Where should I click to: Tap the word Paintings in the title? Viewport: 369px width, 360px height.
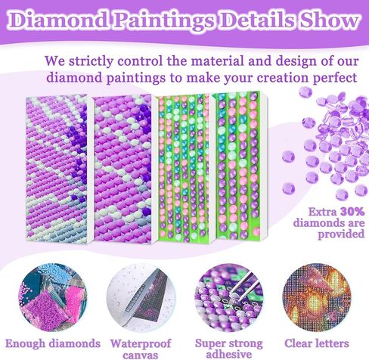click(165, 20)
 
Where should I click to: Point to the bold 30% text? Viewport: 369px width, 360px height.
click(352, 212)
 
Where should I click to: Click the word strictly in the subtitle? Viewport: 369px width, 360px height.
click(89, 61)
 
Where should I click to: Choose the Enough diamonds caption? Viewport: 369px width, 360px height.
click(53, 343)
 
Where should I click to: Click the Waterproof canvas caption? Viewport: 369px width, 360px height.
click(141, 349)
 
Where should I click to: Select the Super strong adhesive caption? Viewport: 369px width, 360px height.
click(229, 349)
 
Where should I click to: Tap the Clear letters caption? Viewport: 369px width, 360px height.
click(317, 343)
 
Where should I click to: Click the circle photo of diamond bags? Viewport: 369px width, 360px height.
click(53, 297)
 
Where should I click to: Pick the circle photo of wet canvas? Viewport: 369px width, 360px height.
click(141, 297)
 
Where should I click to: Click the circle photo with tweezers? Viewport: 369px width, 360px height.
click(229, 297)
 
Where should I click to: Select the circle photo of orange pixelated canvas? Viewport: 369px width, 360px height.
click(317, 297)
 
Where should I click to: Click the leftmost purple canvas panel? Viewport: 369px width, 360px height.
click(57, 168)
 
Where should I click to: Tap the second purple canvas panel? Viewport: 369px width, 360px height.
click(123, 169)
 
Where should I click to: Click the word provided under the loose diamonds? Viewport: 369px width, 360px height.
click(341, 234)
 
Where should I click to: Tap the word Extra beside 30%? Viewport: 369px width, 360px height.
click(323, 212)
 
